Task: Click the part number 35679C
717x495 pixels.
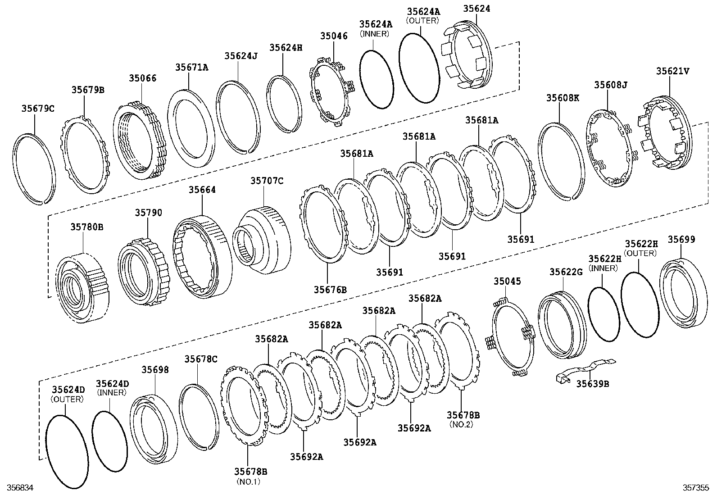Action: coord(38,109)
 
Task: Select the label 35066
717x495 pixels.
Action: coord(142,78)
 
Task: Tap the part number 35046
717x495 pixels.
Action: coord(334,36)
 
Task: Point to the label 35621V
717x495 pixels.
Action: coord(672,71)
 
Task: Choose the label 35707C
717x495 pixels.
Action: coord(267,181)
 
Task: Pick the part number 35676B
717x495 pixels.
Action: coord(330,289)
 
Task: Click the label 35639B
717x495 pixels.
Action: coord(592,384)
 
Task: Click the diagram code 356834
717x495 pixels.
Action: coord(17,488)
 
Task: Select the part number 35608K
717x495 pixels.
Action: coord(563,98)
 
